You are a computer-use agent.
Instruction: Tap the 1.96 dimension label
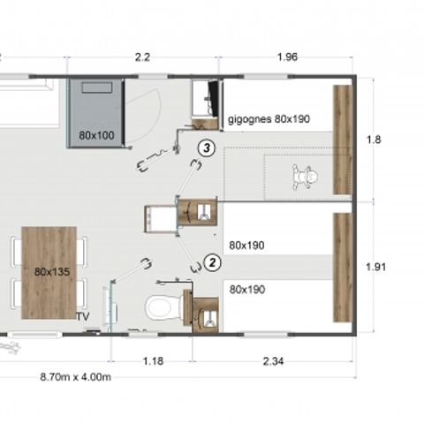coord(286,57)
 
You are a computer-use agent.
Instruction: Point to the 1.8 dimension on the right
coord(375,139)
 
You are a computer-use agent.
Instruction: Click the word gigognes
coord(249,117)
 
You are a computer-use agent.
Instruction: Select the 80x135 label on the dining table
coord(49,272)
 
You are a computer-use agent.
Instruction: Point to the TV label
coord(83,316)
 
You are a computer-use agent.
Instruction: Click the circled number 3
coord(206,148)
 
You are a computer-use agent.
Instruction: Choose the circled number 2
coord(212,262)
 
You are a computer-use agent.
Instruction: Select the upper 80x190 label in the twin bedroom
coord(247,245)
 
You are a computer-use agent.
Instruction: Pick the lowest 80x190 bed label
coord(247,289)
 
